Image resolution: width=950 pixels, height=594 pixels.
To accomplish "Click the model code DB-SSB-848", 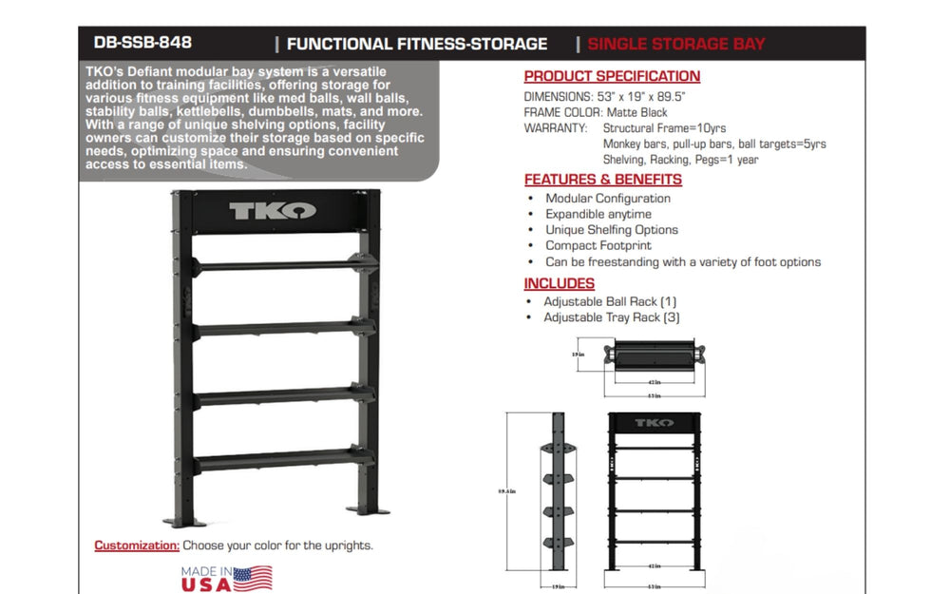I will pos(142,43).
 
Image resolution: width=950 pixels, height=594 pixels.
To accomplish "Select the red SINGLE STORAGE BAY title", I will pos(676,44).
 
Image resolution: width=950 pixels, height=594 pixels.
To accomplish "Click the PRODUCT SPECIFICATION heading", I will pos(612,76).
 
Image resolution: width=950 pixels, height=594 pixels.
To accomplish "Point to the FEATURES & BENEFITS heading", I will pos(602,179).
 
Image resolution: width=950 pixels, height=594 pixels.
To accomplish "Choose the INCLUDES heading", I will pos(559,283).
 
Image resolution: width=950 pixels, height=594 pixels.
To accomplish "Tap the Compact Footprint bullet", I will pos(598,245).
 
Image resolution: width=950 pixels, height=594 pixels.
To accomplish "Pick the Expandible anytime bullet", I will pos(598,214).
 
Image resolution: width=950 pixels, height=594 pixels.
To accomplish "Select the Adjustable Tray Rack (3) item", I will pos(611,317).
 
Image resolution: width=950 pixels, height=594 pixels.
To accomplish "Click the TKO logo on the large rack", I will pos(273,210).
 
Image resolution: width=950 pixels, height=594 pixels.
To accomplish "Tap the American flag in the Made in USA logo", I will pos(253,578).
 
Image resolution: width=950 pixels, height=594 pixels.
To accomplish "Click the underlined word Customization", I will pos(136,546).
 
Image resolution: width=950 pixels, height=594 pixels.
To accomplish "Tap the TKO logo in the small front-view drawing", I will pos(654,423).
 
